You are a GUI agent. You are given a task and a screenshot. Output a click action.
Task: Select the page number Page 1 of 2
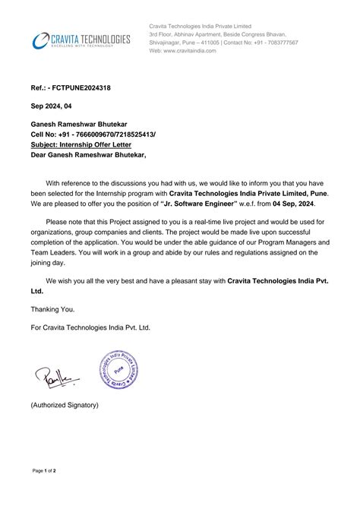click(49, 492)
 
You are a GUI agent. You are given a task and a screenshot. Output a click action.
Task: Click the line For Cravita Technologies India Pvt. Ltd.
click(90, 327)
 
